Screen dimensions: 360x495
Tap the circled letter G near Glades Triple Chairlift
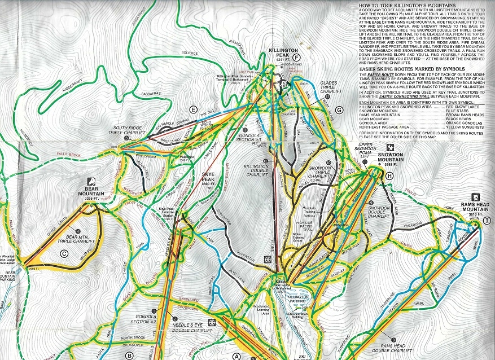tap(339, 109)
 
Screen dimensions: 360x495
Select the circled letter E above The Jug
tap(193, 109)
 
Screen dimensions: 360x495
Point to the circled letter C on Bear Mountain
tap(64, 253)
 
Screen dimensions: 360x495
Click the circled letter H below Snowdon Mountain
tap(389, 176)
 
